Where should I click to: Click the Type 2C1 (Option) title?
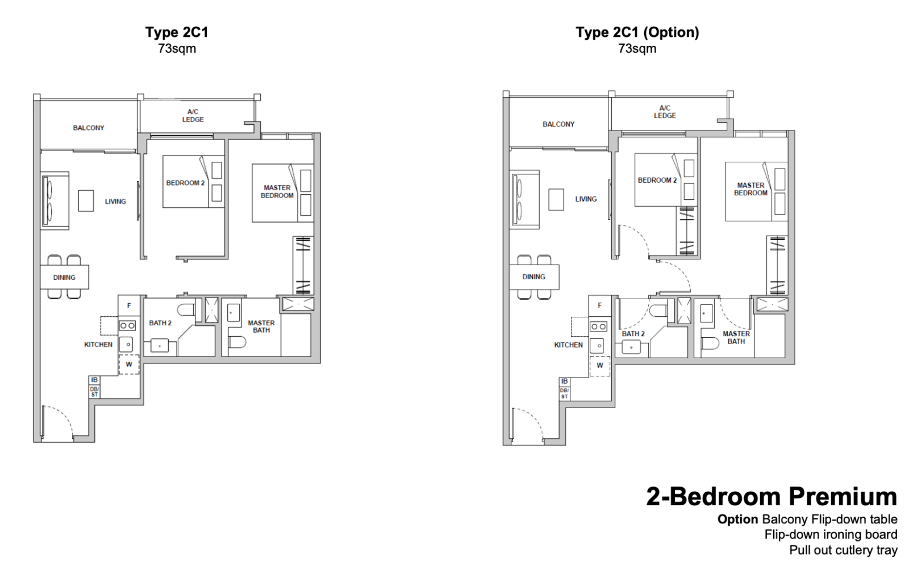[x=637, y=32]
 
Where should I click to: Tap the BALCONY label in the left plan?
[x=89, y=128]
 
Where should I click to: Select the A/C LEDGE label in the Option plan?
[x=665, y=111]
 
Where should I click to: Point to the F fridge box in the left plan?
[x=129, y=305]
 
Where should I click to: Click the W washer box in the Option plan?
[x=600, y=365]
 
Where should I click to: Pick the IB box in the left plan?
[x=94, y=380]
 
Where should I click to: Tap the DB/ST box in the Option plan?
[x=565, y=393]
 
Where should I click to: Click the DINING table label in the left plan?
[x=64, y=277]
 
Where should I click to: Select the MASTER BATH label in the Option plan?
[x=736, y=338]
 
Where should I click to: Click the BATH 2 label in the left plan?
[x=160, y=323]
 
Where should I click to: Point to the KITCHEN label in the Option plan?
[x=569, y=345]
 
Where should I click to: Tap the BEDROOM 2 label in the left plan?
[x=185, y=183]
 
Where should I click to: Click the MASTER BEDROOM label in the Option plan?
[x=750, y=189]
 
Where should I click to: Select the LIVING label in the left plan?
[x=115, y=202]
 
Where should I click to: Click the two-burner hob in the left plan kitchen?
[x=127, y=325]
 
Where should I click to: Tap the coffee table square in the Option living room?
[x=556, y=199]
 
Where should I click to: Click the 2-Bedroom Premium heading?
[x=772, y=497]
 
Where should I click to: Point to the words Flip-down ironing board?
[x=831, y=535]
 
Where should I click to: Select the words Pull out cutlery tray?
[x=843, y=550]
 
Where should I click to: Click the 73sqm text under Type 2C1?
[x=177, y=49]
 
